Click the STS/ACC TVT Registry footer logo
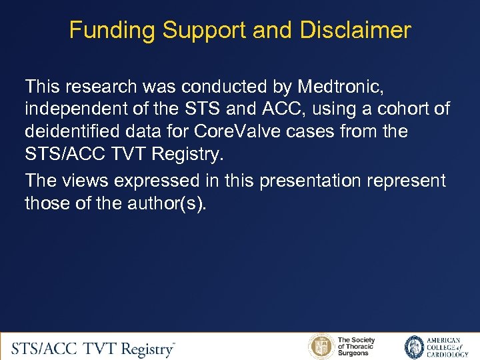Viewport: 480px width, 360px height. [93, 347]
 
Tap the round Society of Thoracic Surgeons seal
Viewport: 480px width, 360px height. [321, 347]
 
